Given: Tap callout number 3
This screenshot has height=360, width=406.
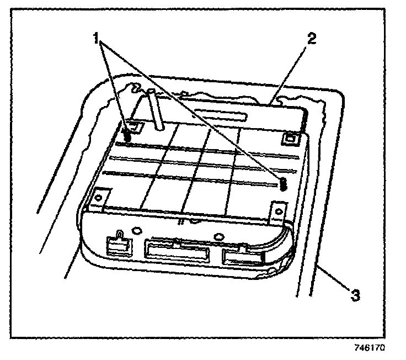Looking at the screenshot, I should [x=356, y=296].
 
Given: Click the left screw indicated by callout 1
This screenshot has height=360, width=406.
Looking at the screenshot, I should [x=127, y=134].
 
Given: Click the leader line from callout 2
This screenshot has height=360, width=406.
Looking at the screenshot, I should [x=291, y=72].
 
